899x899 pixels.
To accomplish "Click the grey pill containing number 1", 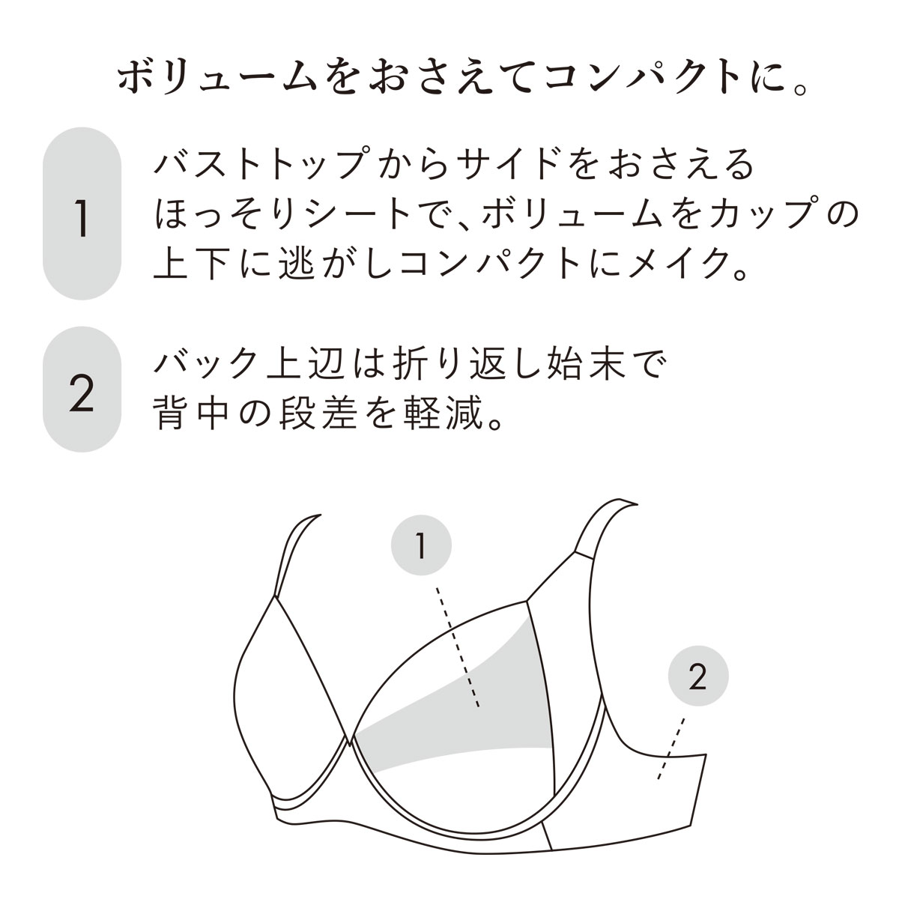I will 82,215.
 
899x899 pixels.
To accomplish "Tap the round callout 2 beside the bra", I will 697,677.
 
